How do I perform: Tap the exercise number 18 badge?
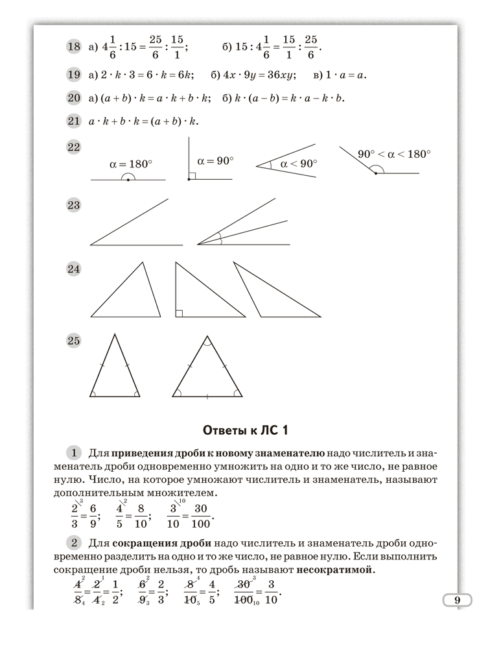click(73, 46)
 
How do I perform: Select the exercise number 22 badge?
click(73, 147)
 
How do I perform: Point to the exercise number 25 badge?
click(73, 340)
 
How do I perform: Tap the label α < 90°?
click(298, 164)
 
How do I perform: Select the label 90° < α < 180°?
click(394, 154)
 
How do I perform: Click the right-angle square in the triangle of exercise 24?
click(180, 313)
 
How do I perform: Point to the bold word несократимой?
click(336, 570)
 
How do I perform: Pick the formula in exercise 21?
click(142, 121)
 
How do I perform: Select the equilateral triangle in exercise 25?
click(207, 370)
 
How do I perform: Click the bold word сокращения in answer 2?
click(141, 543)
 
